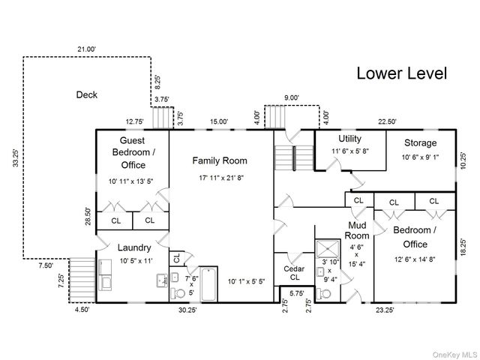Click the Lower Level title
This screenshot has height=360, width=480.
(x=402, y=73)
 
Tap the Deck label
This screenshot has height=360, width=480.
(x=87, y=94)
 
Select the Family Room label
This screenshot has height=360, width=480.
(x=220, y=160)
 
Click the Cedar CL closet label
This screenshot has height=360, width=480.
(x=294, y=273)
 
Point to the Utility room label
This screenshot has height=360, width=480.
(x=350, y=139)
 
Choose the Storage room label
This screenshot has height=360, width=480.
(x=420, y=142)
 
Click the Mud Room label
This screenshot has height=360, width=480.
(x=357, y=230)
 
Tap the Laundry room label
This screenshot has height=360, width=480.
(x=134, y=247)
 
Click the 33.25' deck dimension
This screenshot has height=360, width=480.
(x=16, y=158)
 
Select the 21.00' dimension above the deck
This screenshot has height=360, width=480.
(x=87, y=49)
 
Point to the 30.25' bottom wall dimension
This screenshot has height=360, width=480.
(x=187, y=310)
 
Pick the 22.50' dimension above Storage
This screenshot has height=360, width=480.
(x=387, y=121)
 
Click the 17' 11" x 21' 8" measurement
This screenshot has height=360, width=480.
(x=221, y=178)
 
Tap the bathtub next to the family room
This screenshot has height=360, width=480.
(x=208, y=285)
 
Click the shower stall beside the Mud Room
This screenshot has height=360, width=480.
(x=328, y=248)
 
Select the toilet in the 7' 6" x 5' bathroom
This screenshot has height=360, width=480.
(x=178, y=293)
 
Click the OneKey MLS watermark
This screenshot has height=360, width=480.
(x=455, y=355)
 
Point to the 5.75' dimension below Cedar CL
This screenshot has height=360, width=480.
(x=297, y=293)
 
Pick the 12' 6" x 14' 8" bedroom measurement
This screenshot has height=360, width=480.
(x=415, y=259)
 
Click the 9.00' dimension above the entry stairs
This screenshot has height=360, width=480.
(x=292, y=97)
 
